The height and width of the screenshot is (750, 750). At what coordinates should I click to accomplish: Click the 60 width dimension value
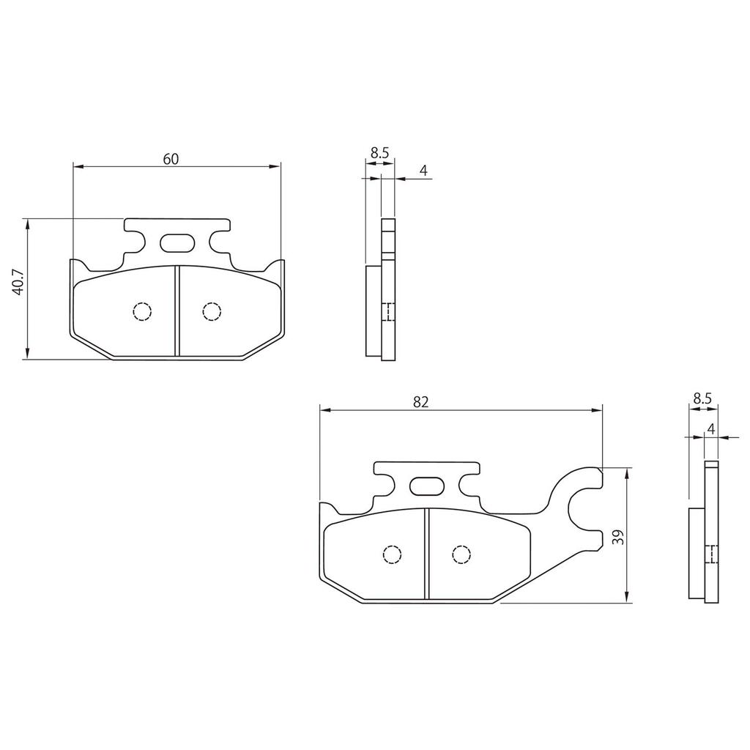click(x=171, y=159)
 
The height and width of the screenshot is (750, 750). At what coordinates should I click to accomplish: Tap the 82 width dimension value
click(x=420, y=401)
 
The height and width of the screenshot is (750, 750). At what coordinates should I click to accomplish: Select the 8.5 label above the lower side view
click(x=702, y=398)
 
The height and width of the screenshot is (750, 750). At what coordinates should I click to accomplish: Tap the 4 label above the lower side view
click(x=711, y=428)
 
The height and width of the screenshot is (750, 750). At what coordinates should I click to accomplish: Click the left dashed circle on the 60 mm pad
click(x=142, y=312)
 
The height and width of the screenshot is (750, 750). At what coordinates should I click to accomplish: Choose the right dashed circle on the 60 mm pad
click(x=211, y=312)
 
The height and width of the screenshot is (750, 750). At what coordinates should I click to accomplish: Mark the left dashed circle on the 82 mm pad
click(x=392, y=555)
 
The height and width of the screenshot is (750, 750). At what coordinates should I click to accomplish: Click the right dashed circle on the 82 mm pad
click(x=461, y=555)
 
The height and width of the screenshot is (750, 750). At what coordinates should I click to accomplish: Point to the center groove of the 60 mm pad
click(x=177, y=311)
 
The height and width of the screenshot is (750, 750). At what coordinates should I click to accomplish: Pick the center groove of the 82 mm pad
click(x=426, y=554)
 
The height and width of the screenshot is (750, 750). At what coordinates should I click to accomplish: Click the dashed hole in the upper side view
click(x=388, y=312)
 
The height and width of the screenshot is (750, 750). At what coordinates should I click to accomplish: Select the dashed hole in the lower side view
click(x=710, y=555)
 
